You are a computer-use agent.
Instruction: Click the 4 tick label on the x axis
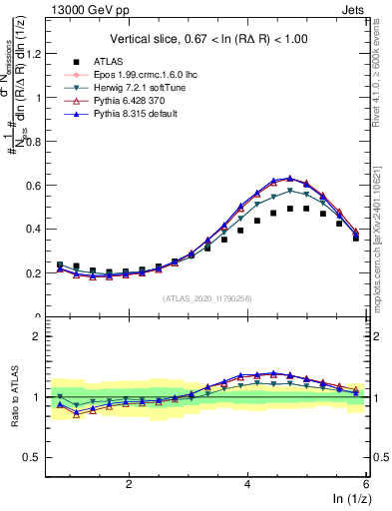click(x=247, y=483)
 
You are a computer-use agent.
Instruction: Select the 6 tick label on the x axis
click(x=366, y=483)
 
